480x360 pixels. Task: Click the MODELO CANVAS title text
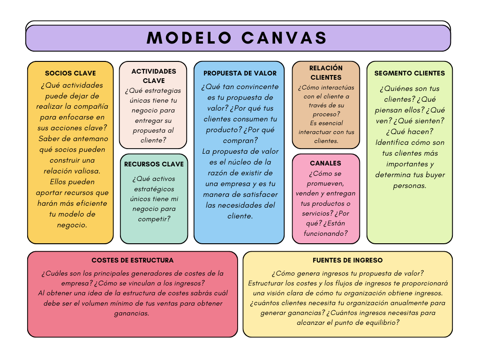click(238, 38)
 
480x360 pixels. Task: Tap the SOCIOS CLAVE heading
click(70, 73)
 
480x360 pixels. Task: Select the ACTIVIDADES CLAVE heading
click(154, 76)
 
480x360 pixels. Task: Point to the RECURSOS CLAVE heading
click(154, 164)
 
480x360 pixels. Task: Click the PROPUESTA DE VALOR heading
click(240, 73)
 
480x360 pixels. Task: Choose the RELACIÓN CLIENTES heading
click(326, 73)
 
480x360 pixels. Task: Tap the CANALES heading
click(326, 163)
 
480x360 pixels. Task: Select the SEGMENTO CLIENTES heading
click(410, 73)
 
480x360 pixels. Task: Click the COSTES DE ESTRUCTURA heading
click(133, 260)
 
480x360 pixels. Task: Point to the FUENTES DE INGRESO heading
click(348, 260)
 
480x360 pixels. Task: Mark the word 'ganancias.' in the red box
click(132, 313)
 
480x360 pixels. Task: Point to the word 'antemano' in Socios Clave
click(88, 139)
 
